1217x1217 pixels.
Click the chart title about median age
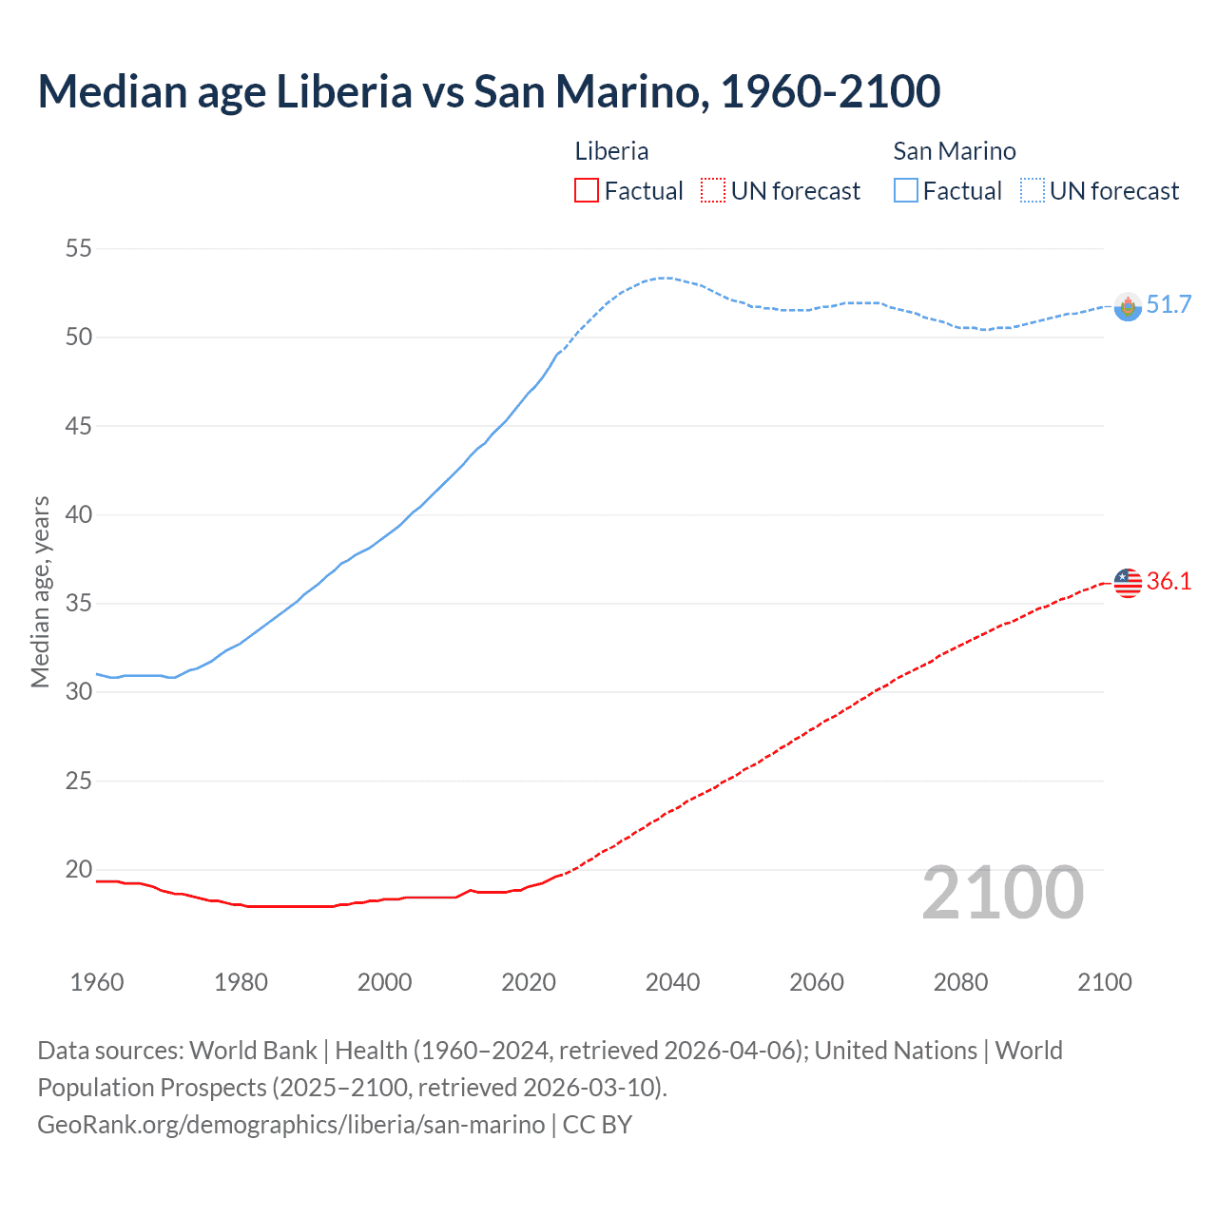click(x=489, y=91)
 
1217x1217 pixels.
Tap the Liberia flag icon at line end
click(x=1128, y=582)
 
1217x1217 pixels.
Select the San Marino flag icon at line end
click(x=1128, y=306)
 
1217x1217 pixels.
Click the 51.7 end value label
click(x=1169, y=304)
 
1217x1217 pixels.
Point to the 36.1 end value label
click(x=1169, y=581)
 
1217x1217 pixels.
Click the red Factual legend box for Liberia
click(x=587, y=191)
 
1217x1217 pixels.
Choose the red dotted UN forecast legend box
click(x=713, y=191)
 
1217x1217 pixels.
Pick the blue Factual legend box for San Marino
click(x=906, y=191)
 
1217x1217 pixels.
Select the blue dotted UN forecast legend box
click(x=1033, y=191)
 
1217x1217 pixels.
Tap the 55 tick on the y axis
click(x=79, y=249)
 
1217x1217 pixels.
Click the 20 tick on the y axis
click(x=79, y=869)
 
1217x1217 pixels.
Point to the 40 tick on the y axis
click(x=79, y=514)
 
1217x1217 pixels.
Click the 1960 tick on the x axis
click(x=97, y=982)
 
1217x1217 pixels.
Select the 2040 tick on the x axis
click(x=672, y=982)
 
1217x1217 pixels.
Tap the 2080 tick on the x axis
click(x=960, y=982)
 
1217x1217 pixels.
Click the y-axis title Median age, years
click(x=40, y=591)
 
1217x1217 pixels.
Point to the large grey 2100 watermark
click(x=1002, y=893)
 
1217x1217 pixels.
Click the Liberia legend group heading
click(x=611, y=151)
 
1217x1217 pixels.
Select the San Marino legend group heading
click(x=954, y=151)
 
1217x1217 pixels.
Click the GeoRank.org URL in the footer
click(x=291, y=1125)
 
